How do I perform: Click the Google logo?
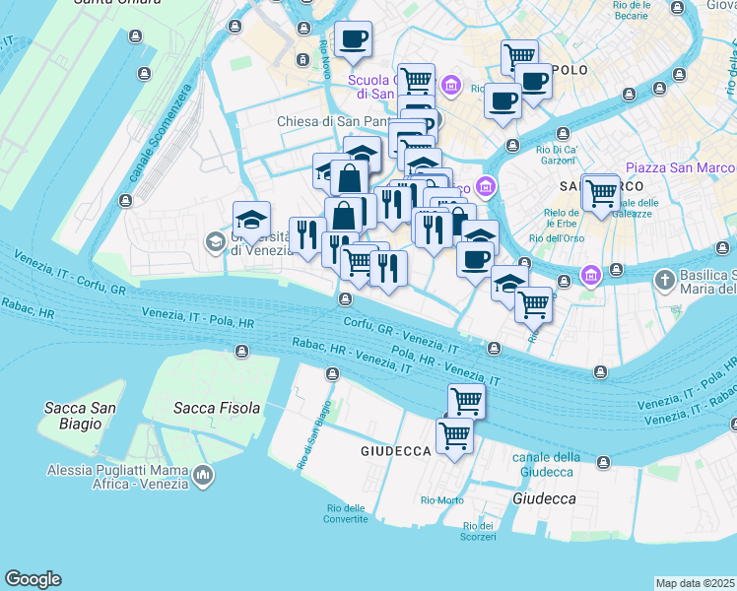33,579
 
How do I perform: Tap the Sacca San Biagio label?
80,416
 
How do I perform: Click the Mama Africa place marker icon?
203,476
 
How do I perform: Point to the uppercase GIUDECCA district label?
396,450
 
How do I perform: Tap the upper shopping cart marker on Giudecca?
466,401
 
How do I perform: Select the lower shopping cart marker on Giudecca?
454,433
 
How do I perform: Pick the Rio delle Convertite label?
346,514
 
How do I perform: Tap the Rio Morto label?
442,500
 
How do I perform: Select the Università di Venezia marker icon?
215,241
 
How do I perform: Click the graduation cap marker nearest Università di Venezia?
251,220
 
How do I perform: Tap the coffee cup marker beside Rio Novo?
353,39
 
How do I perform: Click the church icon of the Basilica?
665,281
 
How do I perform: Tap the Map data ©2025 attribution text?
696,583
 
